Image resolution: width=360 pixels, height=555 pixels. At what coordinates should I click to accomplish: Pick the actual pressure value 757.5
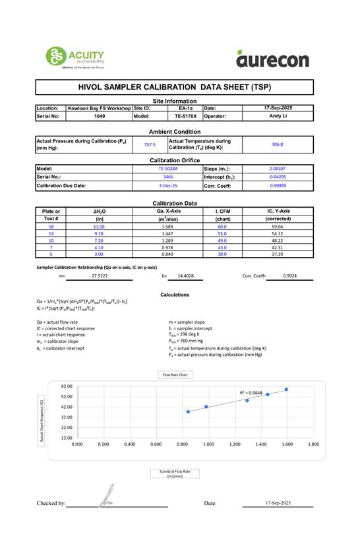[150, 144]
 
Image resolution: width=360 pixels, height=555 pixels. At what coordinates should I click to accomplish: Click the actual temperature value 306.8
[277, 144]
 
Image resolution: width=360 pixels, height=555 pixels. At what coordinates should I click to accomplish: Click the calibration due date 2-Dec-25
[167, 186]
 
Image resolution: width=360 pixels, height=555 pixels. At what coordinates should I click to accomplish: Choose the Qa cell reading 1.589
[167, 226]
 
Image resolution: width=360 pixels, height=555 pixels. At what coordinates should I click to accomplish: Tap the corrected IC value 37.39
[277, 253]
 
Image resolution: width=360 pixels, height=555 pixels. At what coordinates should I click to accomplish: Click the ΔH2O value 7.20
[99, 240]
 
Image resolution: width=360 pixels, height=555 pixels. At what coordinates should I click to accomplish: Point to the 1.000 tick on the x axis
[208, 444]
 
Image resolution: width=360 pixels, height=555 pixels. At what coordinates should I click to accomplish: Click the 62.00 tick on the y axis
[66, 386]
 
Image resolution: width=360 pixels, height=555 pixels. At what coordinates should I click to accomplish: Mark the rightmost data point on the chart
[286, 390]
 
